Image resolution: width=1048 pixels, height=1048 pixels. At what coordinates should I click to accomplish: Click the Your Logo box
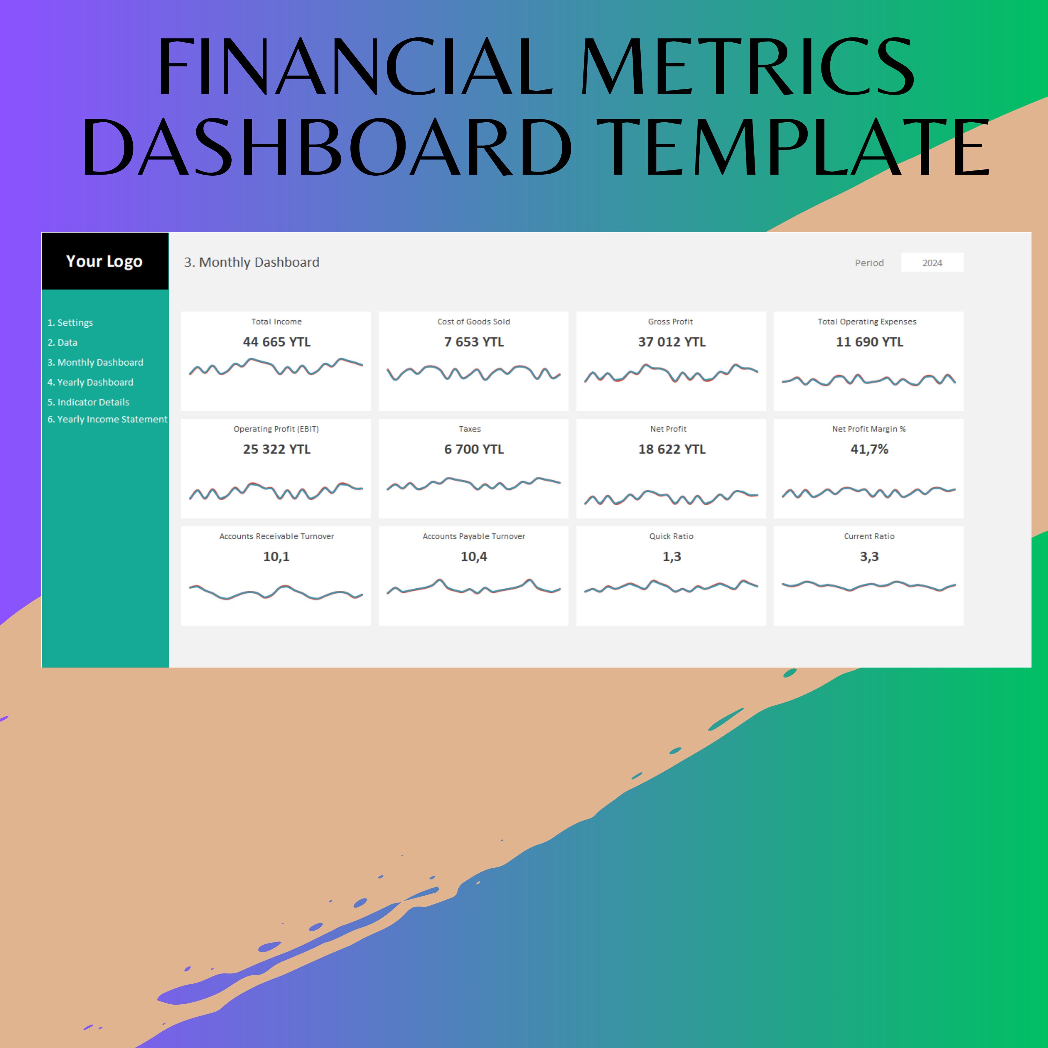coord(105,261)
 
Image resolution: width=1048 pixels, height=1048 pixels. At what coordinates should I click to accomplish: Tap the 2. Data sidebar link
coord(63,342)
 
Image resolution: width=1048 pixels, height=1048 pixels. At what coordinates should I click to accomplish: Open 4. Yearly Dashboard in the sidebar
coord(90,383)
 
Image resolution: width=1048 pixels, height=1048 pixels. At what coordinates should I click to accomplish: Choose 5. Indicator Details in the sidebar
coord(88,402)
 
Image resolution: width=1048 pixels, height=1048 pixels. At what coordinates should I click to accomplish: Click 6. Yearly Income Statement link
coord(107,419)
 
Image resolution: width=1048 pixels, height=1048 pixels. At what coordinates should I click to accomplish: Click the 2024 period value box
coord(932,263)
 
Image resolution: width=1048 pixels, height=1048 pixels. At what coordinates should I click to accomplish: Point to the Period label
coord(869,263)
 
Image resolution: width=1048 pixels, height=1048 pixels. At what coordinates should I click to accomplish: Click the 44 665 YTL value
coord(277,342)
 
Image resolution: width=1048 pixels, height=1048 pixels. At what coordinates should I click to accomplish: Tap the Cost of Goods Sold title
coord(474,322)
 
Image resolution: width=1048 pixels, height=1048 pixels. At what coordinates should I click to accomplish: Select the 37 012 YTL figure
coord(671,342)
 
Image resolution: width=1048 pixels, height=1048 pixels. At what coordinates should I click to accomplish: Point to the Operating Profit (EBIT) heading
coord(276,429)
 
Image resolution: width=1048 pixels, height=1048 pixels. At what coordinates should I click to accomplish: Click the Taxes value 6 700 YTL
coord(474,449)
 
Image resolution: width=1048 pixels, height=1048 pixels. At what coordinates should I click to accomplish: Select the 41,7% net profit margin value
coord(869,449)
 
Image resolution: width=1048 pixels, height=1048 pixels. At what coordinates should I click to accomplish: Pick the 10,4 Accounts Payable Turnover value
coord(474,556)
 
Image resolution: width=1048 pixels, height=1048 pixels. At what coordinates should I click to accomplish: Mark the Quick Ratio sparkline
coord(671,587)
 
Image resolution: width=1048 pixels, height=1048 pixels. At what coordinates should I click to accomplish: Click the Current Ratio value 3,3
coord(869,556)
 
